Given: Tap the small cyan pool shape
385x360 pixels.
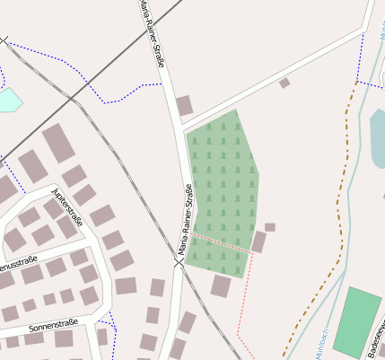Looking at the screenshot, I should pyautogui.click(x=8, y=100).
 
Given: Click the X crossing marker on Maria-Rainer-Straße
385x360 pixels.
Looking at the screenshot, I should pyautogui.click(x=179, y=262).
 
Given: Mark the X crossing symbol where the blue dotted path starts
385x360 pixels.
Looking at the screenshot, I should pyautogui.click(x=4, y=40).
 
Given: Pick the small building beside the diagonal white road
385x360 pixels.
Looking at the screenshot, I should pyautogui.click(x=284, y=83).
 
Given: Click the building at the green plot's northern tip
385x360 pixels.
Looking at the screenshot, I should pyautogui.click(x=184, y=106).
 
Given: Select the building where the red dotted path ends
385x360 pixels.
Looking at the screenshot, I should pyautogui.click(x=258, y=242).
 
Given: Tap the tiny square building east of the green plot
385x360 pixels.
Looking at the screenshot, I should pyautogui.click(x=269, y=227).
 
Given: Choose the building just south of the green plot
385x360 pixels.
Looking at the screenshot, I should pyautogui.click(x=221, y=285).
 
